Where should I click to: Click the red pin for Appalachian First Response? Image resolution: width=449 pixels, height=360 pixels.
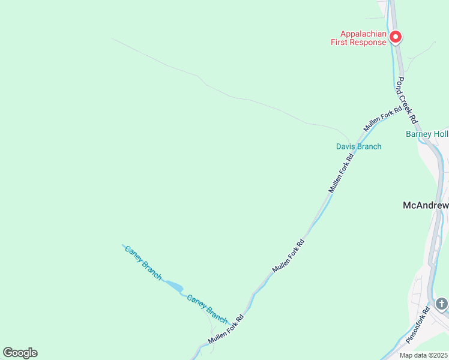click(396, 38)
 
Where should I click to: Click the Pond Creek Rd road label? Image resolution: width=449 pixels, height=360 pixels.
click(406, 98)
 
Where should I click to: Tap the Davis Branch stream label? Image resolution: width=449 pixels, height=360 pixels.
click(358, 146)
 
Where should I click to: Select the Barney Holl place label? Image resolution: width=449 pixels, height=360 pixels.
click(427, 134)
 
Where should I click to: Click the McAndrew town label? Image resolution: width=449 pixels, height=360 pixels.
click(425, 205)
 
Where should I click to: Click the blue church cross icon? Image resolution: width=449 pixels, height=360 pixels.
click(442, 304)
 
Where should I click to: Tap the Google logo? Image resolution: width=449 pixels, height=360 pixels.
click(20, 353)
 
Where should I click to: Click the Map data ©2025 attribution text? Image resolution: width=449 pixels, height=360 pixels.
click(424, 355)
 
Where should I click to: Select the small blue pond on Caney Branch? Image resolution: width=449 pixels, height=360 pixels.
click(173, 286)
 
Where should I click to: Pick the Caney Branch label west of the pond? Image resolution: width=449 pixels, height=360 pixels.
click(143, 263)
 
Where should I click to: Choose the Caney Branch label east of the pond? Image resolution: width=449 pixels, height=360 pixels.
click(207, 308)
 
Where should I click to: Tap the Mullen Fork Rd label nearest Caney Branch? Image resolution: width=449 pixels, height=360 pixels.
click(226, 329)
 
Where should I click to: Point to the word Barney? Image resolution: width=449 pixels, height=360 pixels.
click(419, 134)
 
